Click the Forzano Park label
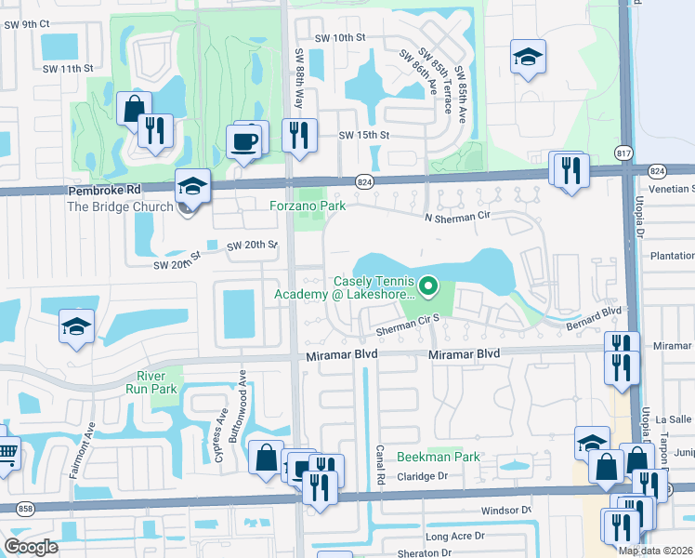click(x=308, y=206)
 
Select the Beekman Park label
click(x=439, y=457)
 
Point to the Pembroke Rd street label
click(x=102, y=189)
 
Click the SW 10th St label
click(x=341, y=37)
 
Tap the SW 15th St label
click(x=363, y=135)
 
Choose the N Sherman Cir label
click(x=457, y=216)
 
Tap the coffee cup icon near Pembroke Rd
click(x=245, y=141)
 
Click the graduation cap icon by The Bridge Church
click(x=192, y=187)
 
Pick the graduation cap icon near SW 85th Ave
click(x=527, y=58)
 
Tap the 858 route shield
click(x=25, y=508)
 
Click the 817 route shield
click(x=624, y=152)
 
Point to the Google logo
click(x=31, y=546)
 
